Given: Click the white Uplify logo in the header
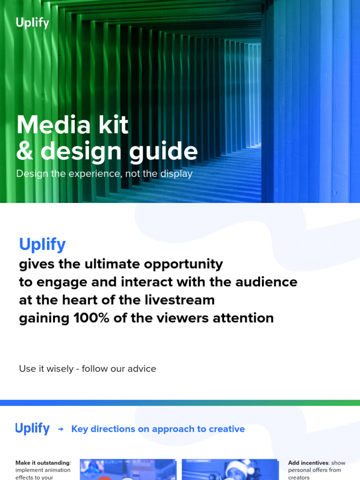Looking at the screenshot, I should [x=32, y=22].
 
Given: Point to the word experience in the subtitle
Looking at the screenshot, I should [x=99, y=174].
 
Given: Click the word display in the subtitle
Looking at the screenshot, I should [x=175, y=174].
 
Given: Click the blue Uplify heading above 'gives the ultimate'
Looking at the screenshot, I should [x=42, y=244].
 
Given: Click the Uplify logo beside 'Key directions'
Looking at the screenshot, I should [x=32, y=428].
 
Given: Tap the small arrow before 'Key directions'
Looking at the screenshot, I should [x=60, y=429].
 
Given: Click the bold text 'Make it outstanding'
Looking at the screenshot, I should [x=43, y=463].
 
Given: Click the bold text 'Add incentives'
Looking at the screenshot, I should [x=308, y=463].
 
